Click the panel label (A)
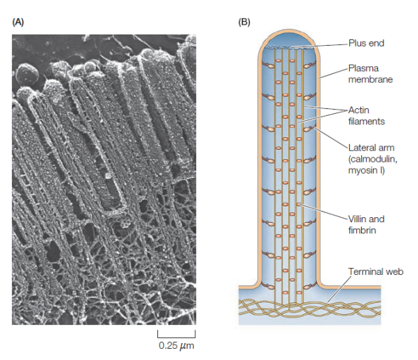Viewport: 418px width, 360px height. click(18, 22)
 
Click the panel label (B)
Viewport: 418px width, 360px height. click(244, 22)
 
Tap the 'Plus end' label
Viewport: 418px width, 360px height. click(366, 43)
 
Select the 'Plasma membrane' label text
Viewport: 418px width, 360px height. click(370, 74)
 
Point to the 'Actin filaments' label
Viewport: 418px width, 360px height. click(367, 116)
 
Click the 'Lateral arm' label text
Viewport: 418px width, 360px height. click(371, 148)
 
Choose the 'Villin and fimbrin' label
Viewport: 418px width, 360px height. click(366, 225)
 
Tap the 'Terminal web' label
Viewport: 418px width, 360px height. click(376, 271)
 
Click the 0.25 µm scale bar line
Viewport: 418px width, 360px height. click(176, 337)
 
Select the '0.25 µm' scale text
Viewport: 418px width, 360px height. click(176, 346)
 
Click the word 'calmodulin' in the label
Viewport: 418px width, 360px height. click(372, 160)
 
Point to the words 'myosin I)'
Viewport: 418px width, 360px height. click(366, 170)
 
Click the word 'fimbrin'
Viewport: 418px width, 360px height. click(362, 231)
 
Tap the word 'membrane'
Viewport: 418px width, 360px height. click(370, 79)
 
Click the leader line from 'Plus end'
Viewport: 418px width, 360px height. click(320, 46)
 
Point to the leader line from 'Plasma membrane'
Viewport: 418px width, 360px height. click(334, 73)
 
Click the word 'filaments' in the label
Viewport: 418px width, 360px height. click(367, 122)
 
